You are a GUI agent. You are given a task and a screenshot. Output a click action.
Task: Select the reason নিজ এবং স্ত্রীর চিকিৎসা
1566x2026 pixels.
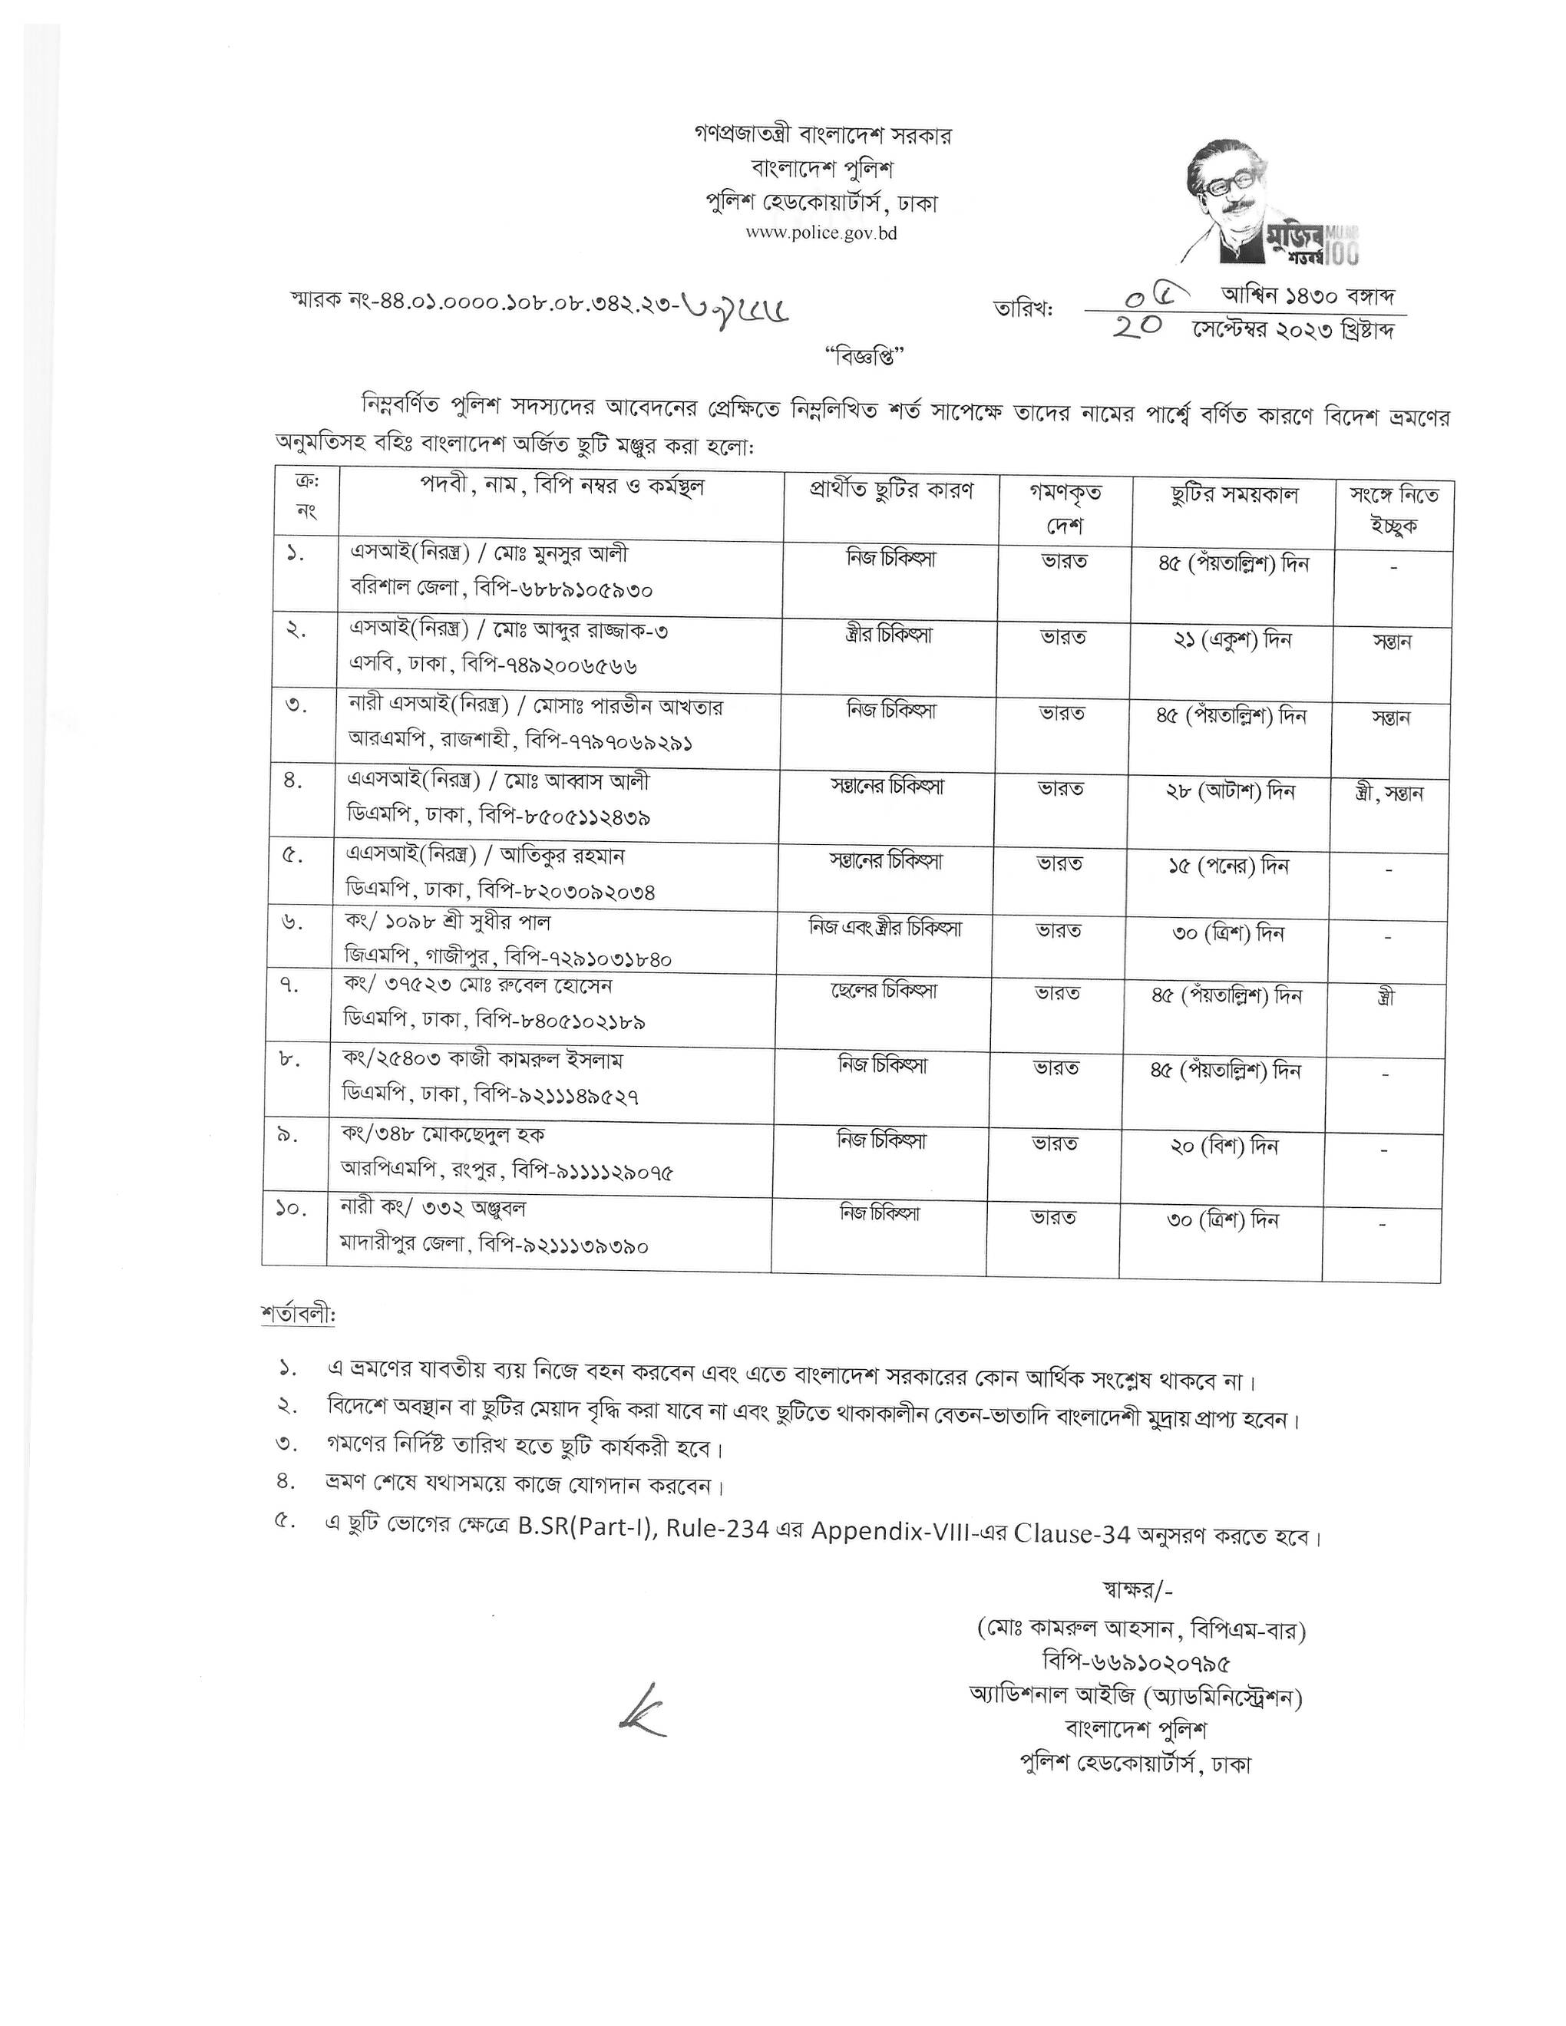(885, 928)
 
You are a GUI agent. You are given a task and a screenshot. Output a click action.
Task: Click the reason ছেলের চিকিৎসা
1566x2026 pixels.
(884, 991)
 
